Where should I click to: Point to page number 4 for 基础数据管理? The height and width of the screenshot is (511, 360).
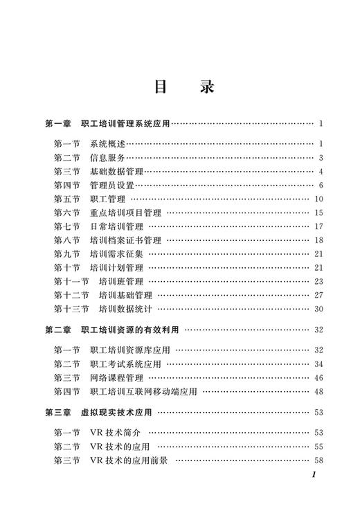coord(322,171)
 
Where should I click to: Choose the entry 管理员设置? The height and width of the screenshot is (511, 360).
coord(111,185)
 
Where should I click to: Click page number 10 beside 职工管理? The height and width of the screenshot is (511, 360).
coord(319,199)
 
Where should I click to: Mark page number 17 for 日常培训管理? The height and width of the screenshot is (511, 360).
coord(319,226)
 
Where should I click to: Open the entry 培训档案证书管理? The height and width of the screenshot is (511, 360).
coord(125,240)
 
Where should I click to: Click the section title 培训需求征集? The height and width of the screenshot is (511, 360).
coord(116,254)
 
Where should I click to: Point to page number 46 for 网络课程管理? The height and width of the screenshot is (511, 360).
coord(319,378)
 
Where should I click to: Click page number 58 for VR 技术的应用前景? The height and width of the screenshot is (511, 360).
coord(319,460)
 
